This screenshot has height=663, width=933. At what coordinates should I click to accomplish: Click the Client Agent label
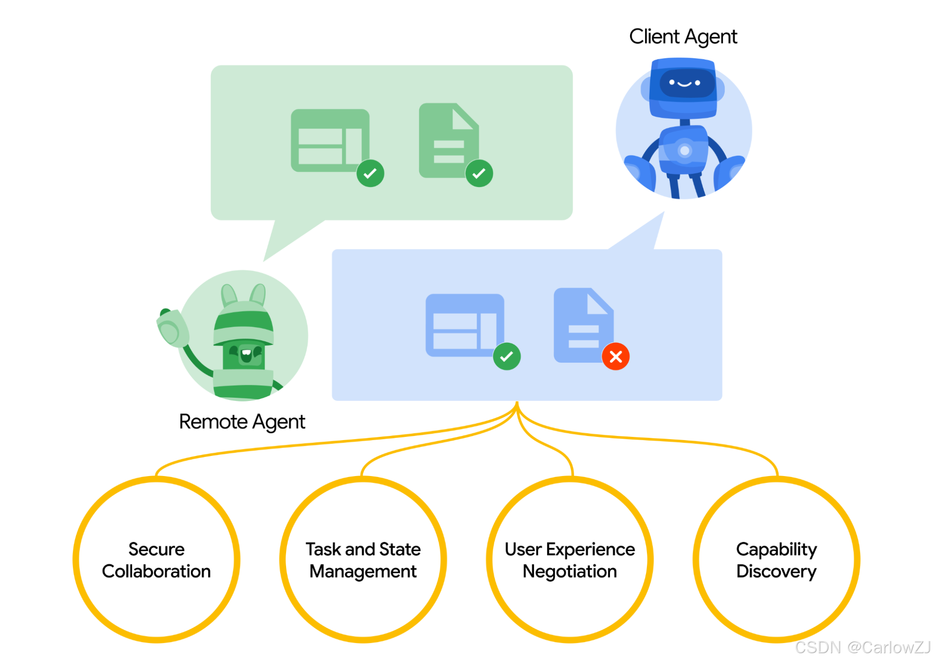[x=683, y=37]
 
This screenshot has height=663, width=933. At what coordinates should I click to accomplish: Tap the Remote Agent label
[x=242, y=422]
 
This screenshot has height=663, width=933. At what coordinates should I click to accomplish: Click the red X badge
[x=616, y=357]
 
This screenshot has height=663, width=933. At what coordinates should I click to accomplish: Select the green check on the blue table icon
[x=506, y=357]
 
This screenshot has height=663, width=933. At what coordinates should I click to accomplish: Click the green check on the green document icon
[x=479, y=173]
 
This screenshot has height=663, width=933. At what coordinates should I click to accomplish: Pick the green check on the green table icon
[x=370, y=173]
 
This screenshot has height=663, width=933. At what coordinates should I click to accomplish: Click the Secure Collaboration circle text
[x=156, y=560]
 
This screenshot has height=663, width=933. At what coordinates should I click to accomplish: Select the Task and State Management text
[x=363, y=560]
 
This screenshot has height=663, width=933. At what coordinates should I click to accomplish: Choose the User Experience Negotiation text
[x=570, y=560]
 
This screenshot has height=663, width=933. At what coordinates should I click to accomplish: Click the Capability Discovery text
[x=777, y=560]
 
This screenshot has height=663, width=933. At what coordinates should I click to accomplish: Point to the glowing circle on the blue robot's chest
[x=685, y=151]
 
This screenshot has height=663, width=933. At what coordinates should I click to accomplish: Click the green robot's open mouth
[x=246, y=353]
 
